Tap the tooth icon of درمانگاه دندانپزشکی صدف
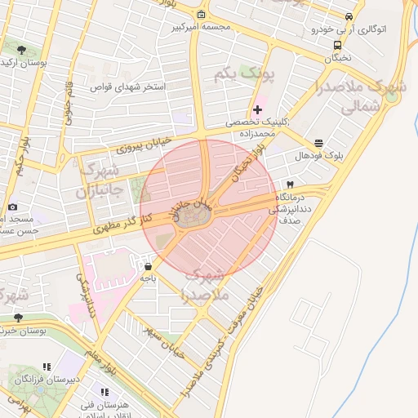coord(289,185)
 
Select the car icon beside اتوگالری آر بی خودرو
coord(349,16)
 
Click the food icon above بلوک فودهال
coord(318,141)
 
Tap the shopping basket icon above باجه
coord(148,265)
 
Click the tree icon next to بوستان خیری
coord(17,318)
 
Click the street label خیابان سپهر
coord(163,343)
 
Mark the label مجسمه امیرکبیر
coord(202,27)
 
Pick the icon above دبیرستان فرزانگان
coord(47,367)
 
